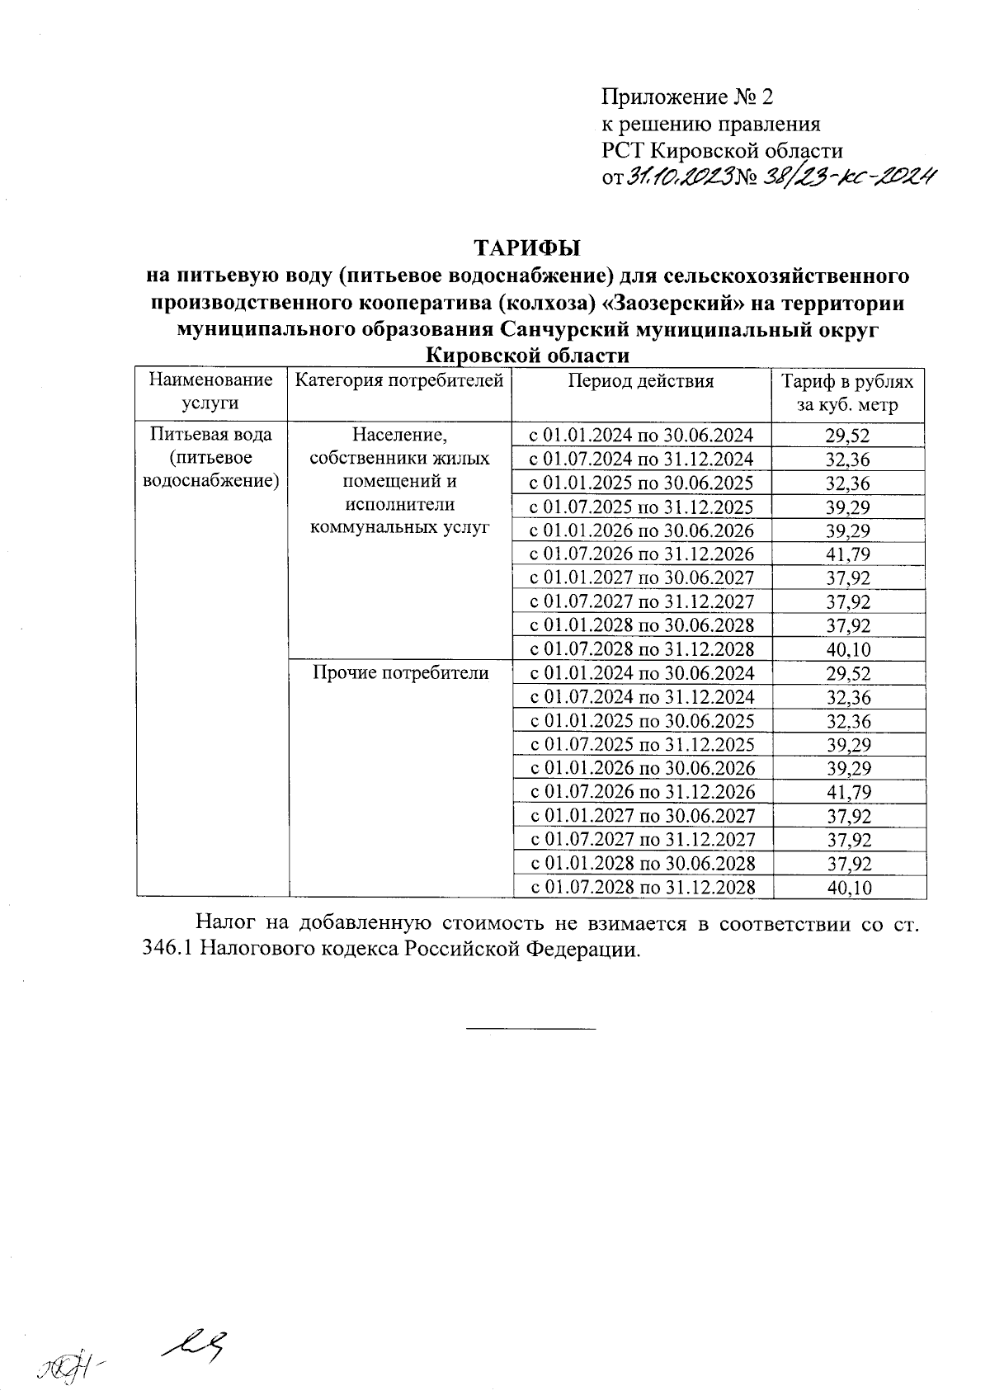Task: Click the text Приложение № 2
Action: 688,97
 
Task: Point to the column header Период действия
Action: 640,381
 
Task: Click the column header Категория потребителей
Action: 399,381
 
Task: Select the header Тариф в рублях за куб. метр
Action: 848,393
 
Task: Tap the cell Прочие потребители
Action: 399,673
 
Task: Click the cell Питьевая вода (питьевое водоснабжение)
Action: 211,457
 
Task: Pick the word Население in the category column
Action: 399,435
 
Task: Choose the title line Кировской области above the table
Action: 527,356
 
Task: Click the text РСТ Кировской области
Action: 722,150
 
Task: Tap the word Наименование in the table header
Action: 211,380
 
